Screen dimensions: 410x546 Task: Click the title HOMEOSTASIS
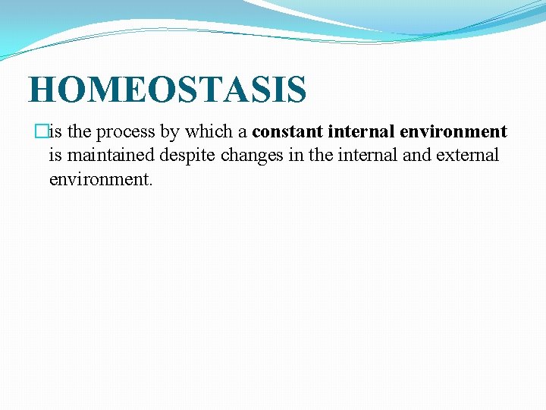pos(168,90)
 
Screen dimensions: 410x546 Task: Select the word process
pos(125,132)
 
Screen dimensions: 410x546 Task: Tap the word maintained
pos(111,156)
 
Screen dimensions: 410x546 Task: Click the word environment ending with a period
pos(101,180)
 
